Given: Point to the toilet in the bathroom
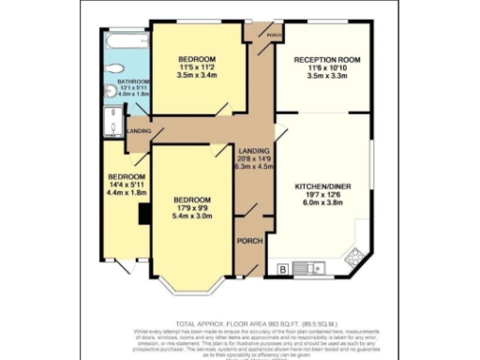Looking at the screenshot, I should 113,70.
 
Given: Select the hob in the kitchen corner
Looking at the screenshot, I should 354,254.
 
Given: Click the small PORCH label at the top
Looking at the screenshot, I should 275,36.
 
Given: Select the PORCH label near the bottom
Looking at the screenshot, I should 249,241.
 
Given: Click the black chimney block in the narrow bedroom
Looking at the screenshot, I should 142,216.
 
